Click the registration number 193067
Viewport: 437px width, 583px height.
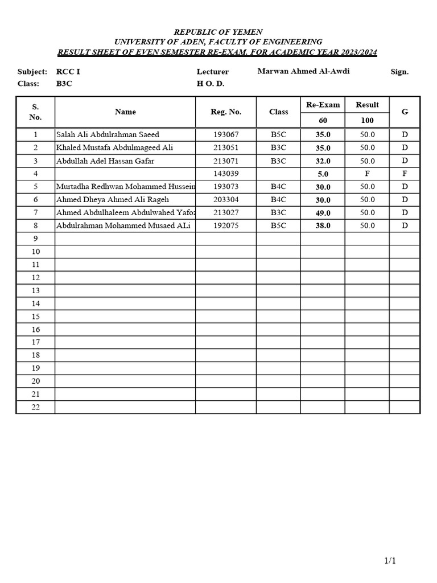point(226,134)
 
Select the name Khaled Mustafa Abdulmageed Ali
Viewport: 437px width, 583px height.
point(114,147)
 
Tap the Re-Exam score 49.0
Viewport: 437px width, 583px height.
point(323,213)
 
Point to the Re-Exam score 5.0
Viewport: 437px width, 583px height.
point(323,174)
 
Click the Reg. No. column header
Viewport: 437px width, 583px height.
point(226,112)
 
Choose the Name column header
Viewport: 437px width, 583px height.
point(125,112)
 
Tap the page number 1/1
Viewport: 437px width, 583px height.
point(390,561)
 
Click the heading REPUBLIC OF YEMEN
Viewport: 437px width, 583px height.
point(218,32)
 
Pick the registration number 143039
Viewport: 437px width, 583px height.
point(226,174)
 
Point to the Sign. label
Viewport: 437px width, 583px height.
point(399,72)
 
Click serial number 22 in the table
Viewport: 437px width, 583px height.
point(35,407)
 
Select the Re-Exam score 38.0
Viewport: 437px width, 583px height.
point(323,226)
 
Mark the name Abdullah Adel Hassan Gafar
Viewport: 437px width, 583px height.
point(105,161)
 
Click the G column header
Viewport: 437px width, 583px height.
point(405,112)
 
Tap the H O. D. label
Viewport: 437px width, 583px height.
point(211,84)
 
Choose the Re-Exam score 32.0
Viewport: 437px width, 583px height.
point(323,161)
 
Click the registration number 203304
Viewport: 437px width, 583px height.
point(226,199)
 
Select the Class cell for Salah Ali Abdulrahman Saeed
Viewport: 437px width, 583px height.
point(278,134)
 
